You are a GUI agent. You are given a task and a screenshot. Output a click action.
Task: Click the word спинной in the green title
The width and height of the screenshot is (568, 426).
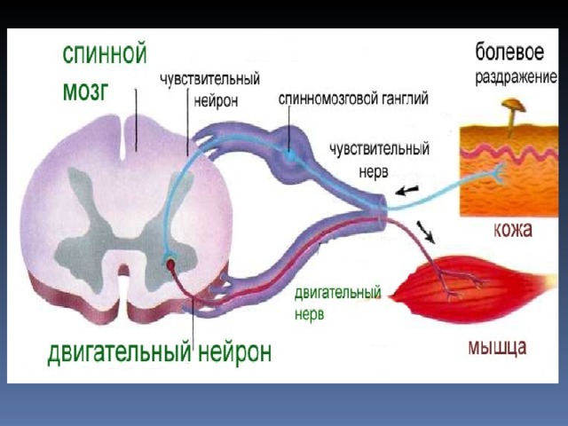point(105,55)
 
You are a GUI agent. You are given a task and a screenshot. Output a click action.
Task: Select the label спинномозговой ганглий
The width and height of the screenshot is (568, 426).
point(353,99)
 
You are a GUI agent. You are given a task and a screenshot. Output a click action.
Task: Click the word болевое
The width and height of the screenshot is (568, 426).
point(509,52)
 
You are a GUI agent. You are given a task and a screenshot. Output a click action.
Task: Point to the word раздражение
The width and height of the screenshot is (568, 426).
point(517,77)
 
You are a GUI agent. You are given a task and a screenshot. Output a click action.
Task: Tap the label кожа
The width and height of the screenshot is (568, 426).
point(513,229)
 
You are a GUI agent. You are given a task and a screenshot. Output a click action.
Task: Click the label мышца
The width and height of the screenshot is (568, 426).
point(497,347)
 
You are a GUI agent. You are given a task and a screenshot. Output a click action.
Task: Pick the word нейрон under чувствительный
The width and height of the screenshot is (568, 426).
point(216,100)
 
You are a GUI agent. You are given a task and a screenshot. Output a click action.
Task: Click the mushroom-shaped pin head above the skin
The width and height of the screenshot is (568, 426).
point(513,106)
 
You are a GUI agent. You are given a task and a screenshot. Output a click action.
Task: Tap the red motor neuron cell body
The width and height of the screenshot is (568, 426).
point(170,265)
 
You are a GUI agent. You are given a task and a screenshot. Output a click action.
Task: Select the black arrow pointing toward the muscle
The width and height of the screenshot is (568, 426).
point(426,232)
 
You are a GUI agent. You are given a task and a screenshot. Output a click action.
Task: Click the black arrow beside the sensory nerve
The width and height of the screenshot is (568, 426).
point(406,191)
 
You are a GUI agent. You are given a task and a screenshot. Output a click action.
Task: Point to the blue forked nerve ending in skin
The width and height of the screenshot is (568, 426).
point(497,171)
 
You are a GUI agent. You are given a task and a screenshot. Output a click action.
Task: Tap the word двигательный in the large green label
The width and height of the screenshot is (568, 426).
point(119,351)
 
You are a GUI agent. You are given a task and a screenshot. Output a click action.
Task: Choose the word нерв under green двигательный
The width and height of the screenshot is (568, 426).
point(310,314)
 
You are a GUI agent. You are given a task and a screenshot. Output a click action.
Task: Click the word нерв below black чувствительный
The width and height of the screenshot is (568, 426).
point(374,171)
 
